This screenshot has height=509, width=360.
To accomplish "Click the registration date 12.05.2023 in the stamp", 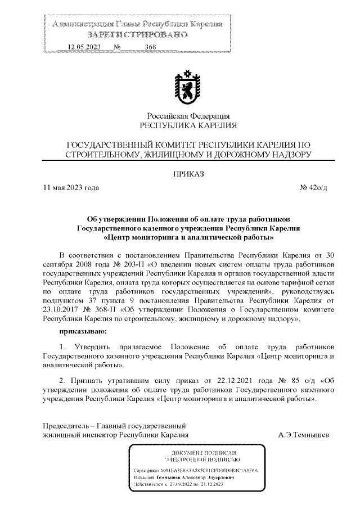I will [x=84, y=47].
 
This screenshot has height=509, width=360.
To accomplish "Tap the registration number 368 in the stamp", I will [x=150, y=47].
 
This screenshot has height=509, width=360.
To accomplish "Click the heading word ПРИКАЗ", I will [x=188, y=174].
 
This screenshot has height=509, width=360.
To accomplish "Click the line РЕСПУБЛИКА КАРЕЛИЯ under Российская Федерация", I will [x=188, y=125].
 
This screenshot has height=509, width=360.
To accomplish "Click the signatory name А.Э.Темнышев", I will [x=304, y=435].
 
